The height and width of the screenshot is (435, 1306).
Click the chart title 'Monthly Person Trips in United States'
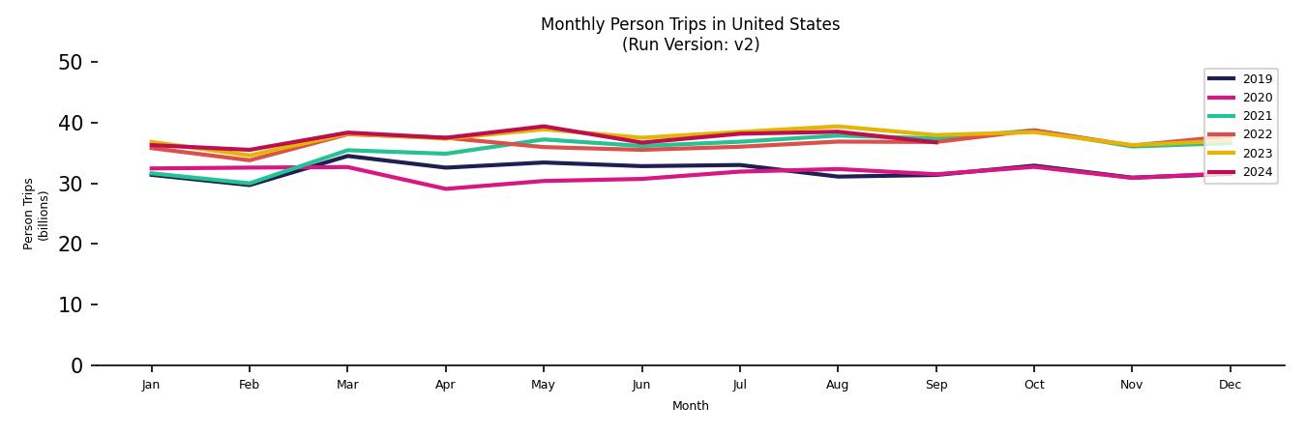click(x=690, y=24)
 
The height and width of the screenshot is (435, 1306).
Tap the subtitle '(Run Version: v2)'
click(x=690, y=44)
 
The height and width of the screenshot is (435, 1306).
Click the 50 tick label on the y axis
click(x=71, y=63)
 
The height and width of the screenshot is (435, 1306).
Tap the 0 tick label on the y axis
click(x=76, y=365)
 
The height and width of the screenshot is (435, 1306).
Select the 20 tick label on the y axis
click(x=71, y=245)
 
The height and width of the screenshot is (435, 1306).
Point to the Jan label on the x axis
click(x=151, y=385)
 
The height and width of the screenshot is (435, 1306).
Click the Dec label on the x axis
click(x=1230, y=385)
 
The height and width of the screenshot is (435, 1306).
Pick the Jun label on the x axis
click(x=641, y=385)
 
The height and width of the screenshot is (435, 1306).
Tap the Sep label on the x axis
click(x=935, y=385)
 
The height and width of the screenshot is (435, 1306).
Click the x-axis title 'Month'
click(x=690, y=406)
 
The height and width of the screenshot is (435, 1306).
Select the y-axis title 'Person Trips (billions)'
click(x=36, y=214)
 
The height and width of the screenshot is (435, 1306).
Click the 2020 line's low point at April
click(x=445, y=188)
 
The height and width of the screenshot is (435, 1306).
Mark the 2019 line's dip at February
click(x=250, y=185)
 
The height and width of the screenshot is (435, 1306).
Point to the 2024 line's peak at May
click(x=544, y=127)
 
